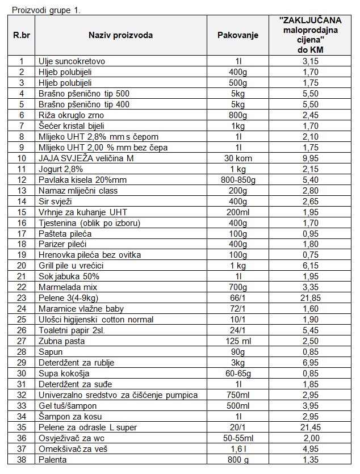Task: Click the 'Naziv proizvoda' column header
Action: tap(120, 35)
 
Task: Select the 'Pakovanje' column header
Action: tap(237, 35)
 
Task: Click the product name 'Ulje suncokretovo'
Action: tap(72, 61)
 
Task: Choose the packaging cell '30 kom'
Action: tap(237, 158)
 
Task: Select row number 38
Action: tap(22, 460)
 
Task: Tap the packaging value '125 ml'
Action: tap(237, 341)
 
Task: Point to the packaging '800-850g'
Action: tap(237, 179)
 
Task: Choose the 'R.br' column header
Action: tap(22, 35)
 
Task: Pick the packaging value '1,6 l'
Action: tap(237, 449)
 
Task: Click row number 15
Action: tap(22, 212)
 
